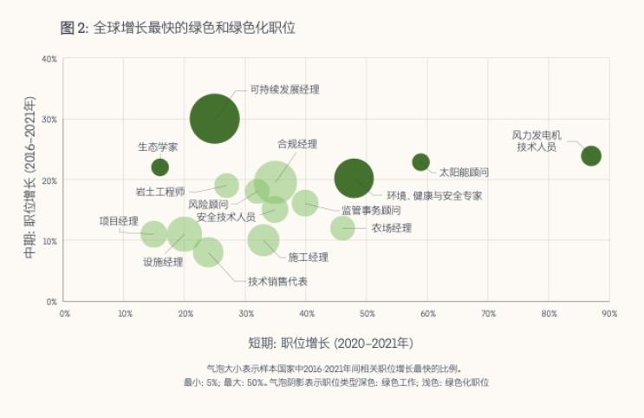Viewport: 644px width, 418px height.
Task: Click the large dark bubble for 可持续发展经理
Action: coord(215,119)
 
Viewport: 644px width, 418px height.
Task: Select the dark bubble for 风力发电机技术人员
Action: coord(591,156)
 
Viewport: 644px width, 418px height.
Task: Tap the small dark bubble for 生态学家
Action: coord(159,167)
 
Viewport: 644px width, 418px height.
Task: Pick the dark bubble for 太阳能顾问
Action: coord(421,162)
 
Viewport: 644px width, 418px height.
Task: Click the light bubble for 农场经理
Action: coord(343,228)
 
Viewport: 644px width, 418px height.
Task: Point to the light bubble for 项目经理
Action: coord(153,233)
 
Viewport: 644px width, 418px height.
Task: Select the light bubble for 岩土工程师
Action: coord(226,185)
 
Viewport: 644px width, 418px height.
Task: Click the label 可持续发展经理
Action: coord(285,88)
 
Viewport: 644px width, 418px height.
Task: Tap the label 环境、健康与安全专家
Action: coord(434,196)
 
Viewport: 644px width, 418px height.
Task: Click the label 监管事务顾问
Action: coord(371,210)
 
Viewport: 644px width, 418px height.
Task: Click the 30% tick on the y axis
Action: coord(49,120)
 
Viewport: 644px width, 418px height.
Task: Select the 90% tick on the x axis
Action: coord(608,312)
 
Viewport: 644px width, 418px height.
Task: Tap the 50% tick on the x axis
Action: coord(367,312)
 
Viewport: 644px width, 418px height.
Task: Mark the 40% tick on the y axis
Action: coord(49,59)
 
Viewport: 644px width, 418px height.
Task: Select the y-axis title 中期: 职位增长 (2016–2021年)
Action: coord(30,180)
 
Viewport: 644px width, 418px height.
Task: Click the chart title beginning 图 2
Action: coord(179,28)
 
